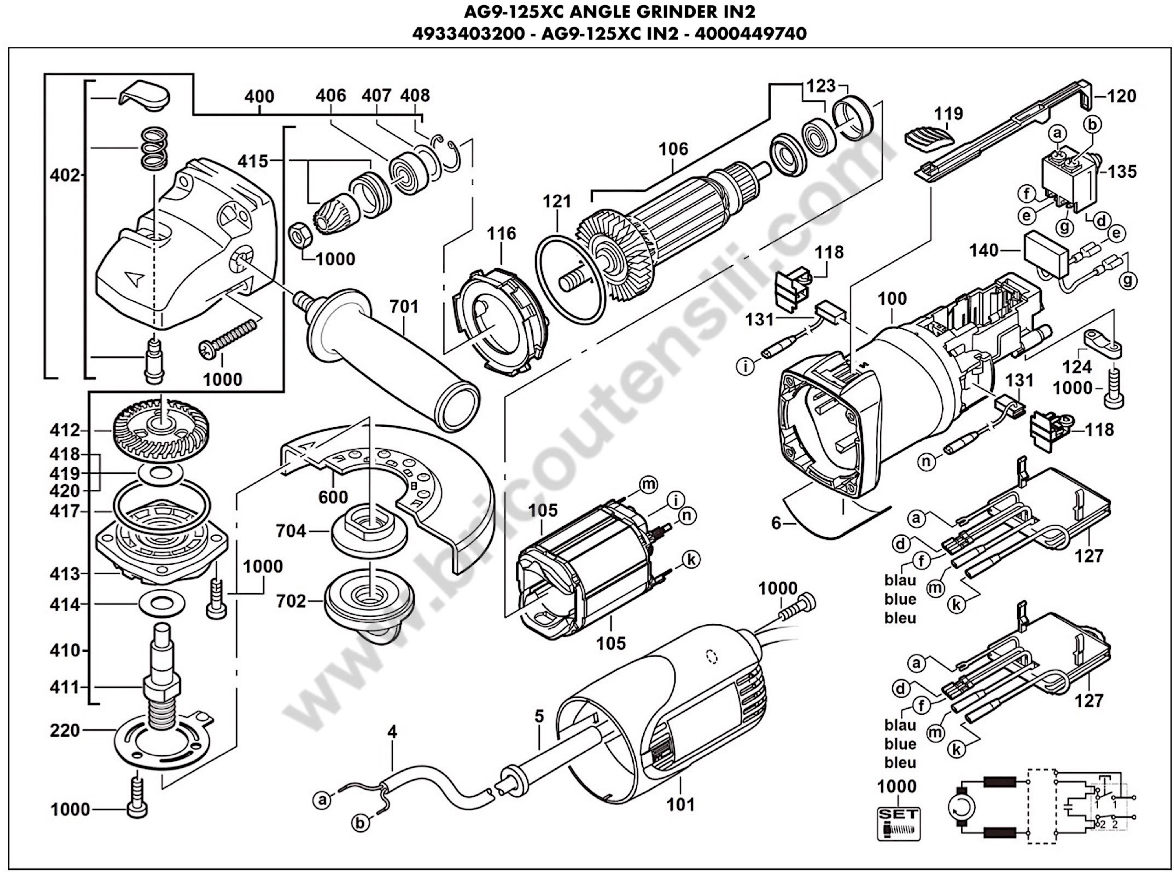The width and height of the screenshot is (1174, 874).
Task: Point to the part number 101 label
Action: pos(680,804)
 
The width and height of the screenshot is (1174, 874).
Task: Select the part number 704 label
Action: pos(291,531)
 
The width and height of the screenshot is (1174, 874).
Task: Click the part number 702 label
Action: pos(291,602)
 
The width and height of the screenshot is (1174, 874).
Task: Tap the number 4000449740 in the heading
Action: pos(751,33)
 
